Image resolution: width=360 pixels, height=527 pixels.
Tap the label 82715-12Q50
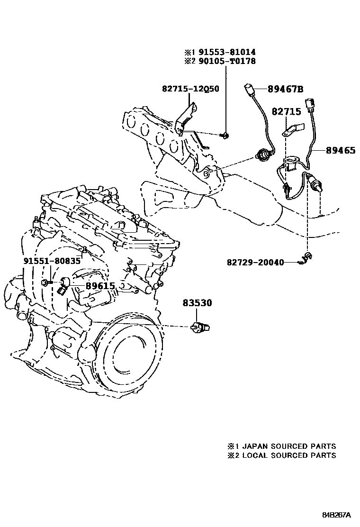pos(190,89)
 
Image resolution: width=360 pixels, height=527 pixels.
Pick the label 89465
pos(340,151)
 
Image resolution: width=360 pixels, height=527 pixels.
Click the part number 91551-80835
pos(52,261)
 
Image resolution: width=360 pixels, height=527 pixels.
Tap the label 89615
pos(100,286)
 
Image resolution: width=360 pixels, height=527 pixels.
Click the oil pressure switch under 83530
pos(199,327)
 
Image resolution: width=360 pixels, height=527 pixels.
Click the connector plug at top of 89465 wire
pos(310,104)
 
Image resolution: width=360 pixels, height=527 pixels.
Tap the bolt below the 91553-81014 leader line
pos(225,136)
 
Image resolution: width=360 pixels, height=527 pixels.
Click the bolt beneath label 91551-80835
pos(45,282)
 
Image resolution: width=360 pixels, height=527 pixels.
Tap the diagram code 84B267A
pos(337,515)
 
